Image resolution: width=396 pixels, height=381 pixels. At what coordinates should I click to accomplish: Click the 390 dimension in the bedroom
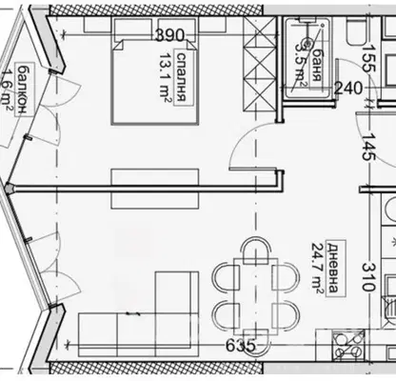(170, 35)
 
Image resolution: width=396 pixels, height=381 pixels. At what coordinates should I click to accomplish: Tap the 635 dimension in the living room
(241, 345)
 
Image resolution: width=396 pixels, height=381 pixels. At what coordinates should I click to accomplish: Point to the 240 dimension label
(348, 89)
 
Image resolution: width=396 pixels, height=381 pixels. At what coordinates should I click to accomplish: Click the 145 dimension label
(368, 147)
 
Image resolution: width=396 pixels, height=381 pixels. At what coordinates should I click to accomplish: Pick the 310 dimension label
(368, 277)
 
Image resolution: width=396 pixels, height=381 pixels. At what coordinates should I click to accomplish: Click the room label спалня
(181, 76)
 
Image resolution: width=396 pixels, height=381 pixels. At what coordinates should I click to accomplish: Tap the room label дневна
(332, 268)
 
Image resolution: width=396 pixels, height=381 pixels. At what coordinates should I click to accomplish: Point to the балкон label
(22, 90)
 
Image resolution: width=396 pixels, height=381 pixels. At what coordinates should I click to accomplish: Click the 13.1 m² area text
(165, 77)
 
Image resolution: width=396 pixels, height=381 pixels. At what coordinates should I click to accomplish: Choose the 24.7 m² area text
(318, 269)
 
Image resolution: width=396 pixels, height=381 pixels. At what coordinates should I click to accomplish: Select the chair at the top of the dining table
(255, 251)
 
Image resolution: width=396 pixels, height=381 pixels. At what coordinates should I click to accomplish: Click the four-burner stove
(348, 345)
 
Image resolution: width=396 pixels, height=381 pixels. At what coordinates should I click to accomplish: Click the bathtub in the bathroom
(307, 58)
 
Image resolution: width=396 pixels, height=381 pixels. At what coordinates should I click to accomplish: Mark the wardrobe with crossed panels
(260, 64)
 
